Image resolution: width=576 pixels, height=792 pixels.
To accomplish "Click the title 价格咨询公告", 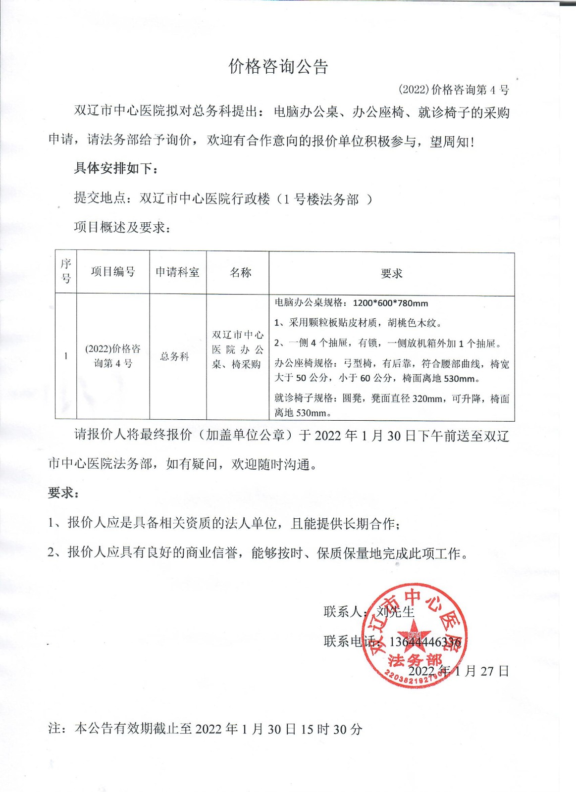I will tap(278, 67).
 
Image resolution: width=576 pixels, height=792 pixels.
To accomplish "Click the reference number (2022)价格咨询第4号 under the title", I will tap(454, 90).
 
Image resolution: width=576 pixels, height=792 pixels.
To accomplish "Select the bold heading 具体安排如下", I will tap(116, 168).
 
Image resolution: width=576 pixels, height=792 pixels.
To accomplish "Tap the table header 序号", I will tap(66, 271).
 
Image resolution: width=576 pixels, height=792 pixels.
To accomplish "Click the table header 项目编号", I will tap(113, 272).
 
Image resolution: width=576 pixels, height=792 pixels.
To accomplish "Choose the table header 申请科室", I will tap(177, 272).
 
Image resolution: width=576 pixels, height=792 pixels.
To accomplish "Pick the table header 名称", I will tap(241, 272).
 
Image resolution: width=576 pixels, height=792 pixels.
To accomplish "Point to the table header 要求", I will tap(391, 273).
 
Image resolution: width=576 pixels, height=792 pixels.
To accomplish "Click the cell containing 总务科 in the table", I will tap(174, 356).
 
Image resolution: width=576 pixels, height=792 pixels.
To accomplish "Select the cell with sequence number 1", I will tap(66, 356).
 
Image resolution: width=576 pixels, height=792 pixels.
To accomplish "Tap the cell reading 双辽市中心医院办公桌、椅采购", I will tap(238, 349).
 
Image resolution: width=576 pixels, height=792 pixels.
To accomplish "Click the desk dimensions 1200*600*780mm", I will tap(390, 303).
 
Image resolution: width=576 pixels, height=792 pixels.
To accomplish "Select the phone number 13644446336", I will tap(425, 642).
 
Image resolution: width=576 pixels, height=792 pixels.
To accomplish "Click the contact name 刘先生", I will tap(395, 612).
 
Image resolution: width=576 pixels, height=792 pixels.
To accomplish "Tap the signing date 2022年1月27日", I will tap(459, 671).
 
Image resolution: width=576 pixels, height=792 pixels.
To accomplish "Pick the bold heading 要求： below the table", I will tap(63, 493).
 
